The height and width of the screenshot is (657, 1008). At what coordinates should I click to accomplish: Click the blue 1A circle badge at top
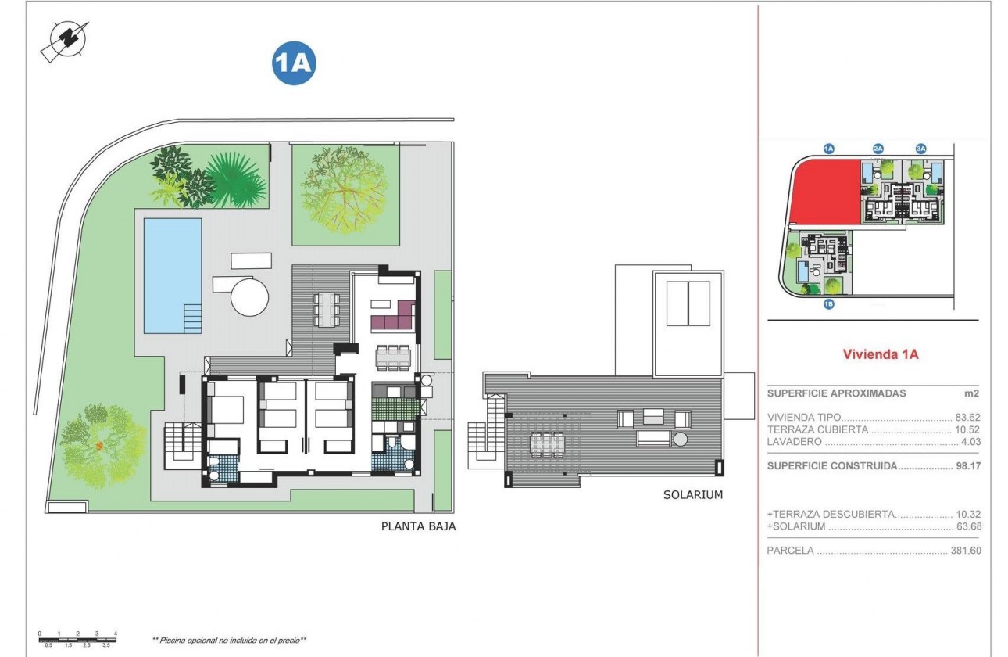click(293, 64)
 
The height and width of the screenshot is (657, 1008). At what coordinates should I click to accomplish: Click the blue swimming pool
click(172, 274)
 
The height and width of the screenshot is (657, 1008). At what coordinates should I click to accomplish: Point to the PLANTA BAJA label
click(418, 526)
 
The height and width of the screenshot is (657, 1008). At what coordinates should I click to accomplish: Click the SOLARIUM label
click(693, 494)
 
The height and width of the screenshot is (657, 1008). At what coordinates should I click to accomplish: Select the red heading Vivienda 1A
click(880, 354)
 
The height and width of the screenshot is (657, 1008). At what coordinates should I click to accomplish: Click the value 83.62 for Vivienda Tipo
click(967, 417)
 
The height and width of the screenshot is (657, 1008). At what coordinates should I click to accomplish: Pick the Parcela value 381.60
click(965, 551)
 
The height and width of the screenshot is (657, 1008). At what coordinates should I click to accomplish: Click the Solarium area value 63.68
click(967, 526)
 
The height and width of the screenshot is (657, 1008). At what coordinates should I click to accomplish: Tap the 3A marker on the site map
click(920, 148)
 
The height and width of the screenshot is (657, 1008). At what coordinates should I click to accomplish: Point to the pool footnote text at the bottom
click(229, 640)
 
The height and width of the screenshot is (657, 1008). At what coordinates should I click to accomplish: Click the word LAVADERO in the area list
click(795, 442)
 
